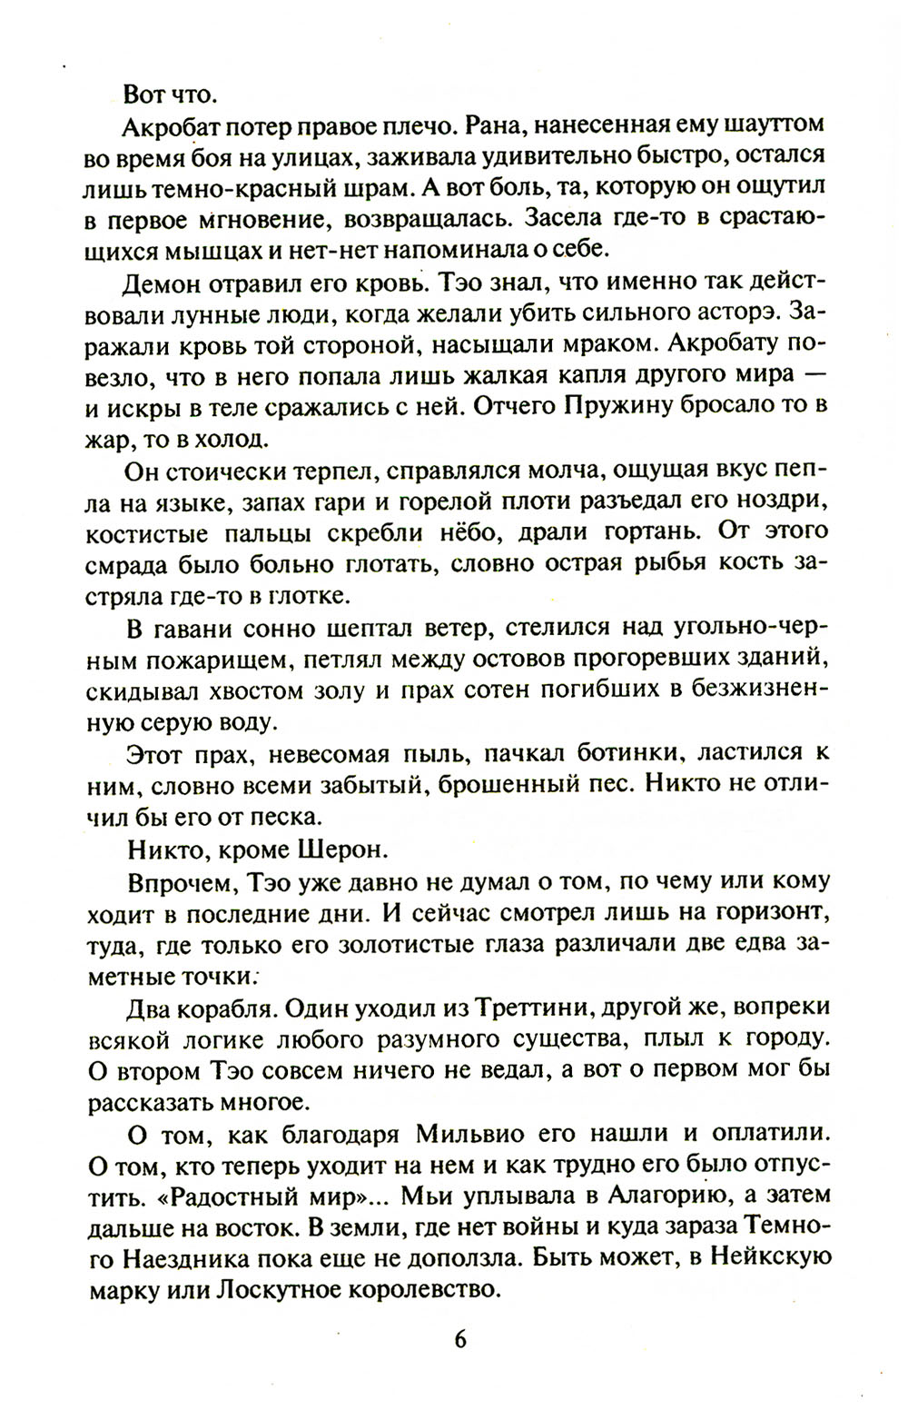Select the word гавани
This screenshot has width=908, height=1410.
(195, 628)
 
